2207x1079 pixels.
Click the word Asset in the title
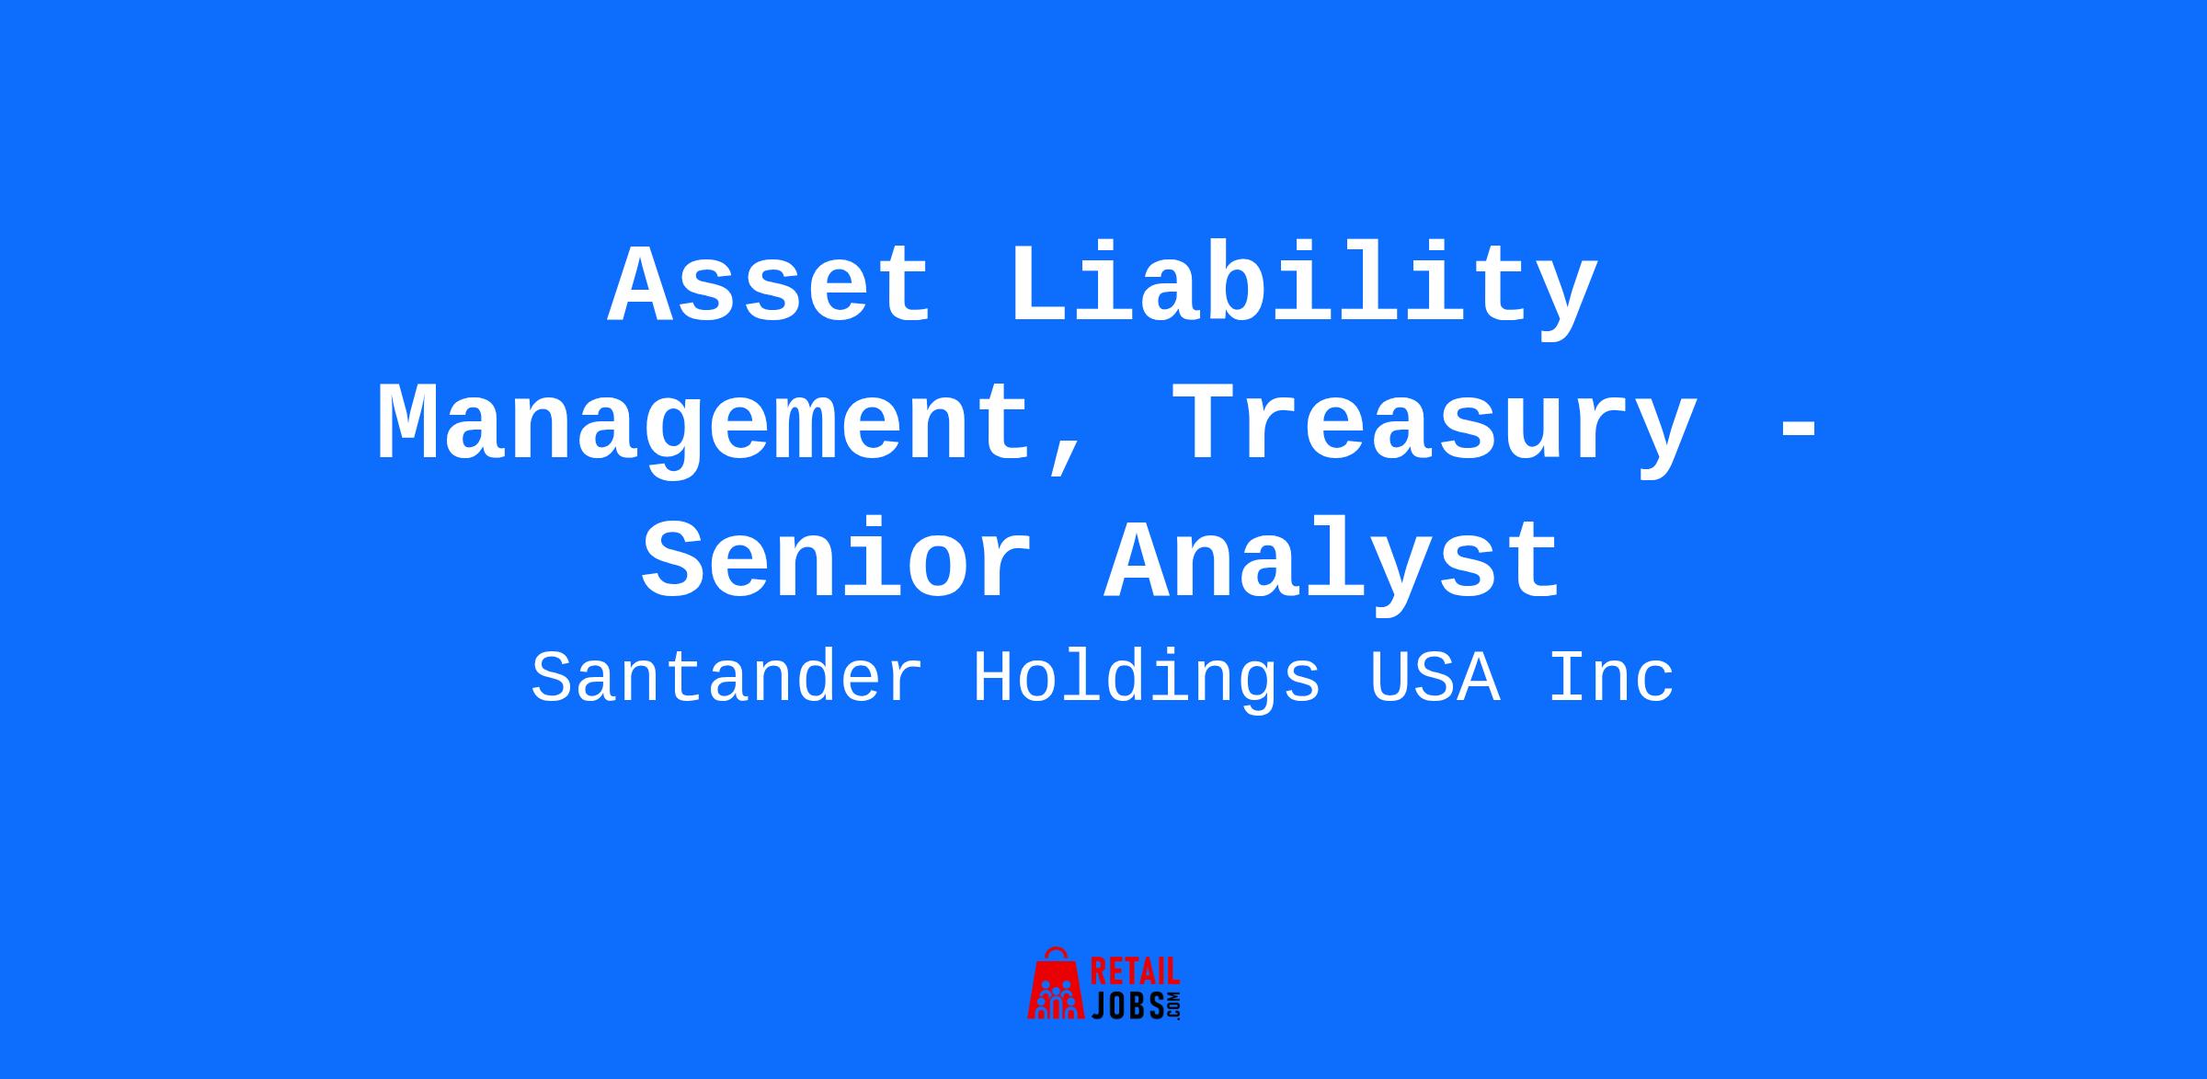point(770,284)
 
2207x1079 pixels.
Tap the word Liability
point(1304,289)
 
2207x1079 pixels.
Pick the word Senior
point(837,560)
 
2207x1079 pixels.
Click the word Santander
point(727,679)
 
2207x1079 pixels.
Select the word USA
point(1435,679)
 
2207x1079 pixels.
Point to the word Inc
point(1610,679)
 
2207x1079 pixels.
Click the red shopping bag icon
point(1058,984)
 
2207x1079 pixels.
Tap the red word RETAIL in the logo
point(1135,972)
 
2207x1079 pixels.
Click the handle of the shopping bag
point(1058,955)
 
